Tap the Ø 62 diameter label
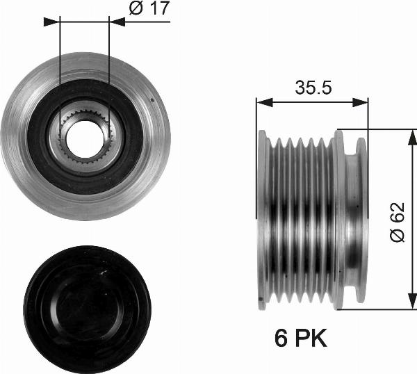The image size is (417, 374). point(397,223)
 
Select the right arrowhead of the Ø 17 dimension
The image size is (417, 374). point(119,22)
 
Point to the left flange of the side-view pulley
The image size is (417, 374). point(262,219)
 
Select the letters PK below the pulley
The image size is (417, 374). point(310,339)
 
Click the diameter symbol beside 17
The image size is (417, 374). point(136,10)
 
